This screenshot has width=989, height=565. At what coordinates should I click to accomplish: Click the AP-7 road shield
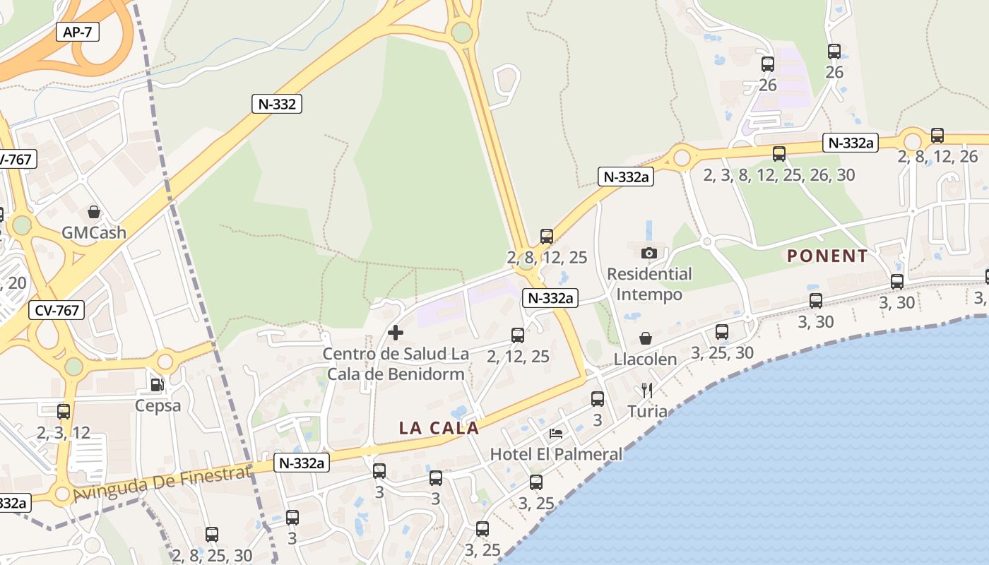pyautogui.click(x=78, y=32)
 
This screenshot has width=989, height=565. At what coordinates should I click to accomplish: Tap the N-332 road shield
pyautogui.click(x=277, y=104)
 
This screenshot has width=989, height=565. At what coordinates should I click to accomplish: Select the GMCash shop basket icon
pyautogui.click(x=93, y=212)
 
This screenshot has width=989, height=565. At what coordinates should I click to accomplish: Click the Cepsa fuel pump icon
pyautogui.click(x=158, y=385)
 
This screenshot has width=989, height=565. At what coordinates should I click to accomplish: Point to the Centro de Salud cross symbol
pyautogui.click(x=396, y=332)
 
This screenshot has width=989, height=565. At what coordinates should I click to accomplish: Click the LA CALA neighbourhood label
pyautogui.click(x=439, y=428)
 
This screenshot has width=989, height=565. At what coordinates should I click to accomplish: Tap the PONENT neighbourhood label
pyautogui.click(x=827, y=256)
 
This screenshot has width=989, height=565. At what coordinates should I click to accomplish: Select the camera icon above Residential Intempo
pyautogui.click(x=649, y=252)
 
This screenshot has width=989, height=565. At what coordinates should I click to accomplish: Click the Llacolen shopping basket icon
pyautogui.click(x=645, y=338)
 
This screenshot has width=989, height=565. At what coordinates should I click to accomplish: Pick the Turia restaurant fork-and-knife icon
pyautogui.click(x=646, y=390)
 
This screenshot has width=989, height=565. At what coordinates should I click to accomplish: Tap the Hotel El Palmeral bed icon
pyautogui.click(x=556, y=433)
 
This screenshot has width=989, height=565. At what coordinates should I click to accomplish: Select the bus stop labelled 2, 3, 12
pyautogui.click(x=64, y=411)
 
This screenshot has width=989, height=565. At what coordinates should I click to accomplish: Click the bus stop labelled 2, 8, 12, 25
pyautogui.click(x=547, y=237)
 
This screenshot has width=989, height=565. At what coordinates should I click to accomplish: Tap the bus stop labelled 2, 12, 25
pyautogui.click(x=518, y=335)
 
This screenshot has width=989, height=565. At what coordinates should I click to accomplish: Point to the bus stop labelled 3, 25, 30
pyautogui.click(x=721, y=332)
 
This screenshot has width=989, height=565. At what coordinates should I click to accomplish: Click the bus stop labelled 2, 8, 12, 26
pyautogui.click(x=937, y=136)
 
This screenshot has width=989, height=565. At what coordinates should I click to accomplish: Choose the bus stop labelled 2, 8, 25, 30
pyautogui.click(x=212, y=535)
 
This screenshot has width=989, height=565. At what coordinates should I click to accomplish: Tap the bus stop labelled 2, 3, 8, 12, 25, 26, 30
pyautogui.click(x=779, y=154)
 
